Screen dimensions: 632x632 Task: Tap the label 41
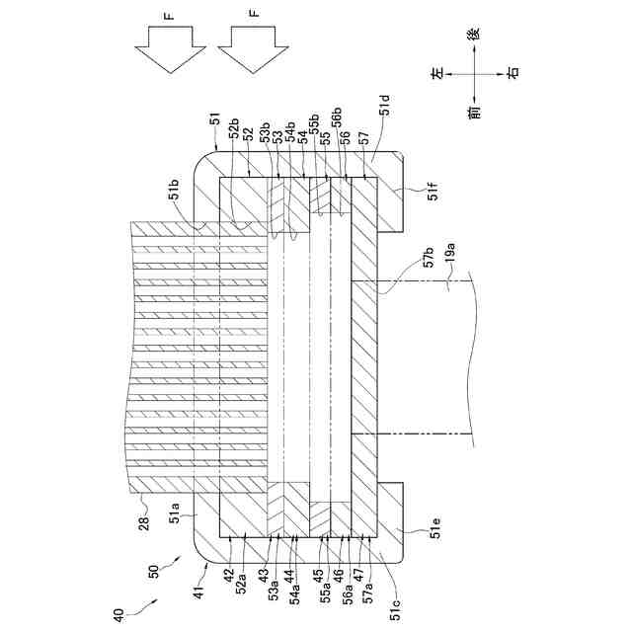coord(197,591)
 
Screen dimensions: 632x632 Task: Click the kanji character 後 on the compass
coord(475,32)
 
